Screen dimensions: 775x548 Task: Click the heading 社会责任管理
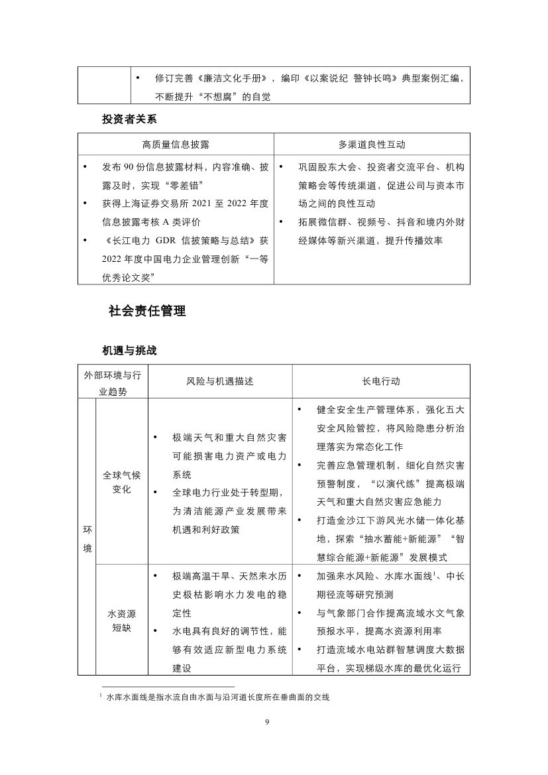click(147, 311)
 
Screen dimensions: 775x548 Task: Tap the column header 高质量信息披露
click(176, 144)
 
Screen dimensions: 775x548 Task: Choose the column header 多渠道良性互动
click(372, 144)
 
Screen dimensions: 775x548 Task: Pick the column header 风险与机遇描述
click(219, 382)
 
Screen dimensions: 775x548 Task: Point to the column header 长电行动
click(381, 382)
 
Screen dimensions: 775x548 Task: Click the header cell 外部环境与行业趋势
click(113, 382)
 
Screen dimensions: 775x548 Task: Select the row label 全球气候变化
click(122, 482)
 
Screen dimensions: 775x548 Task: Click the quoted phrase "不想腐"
click(206, 97)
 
